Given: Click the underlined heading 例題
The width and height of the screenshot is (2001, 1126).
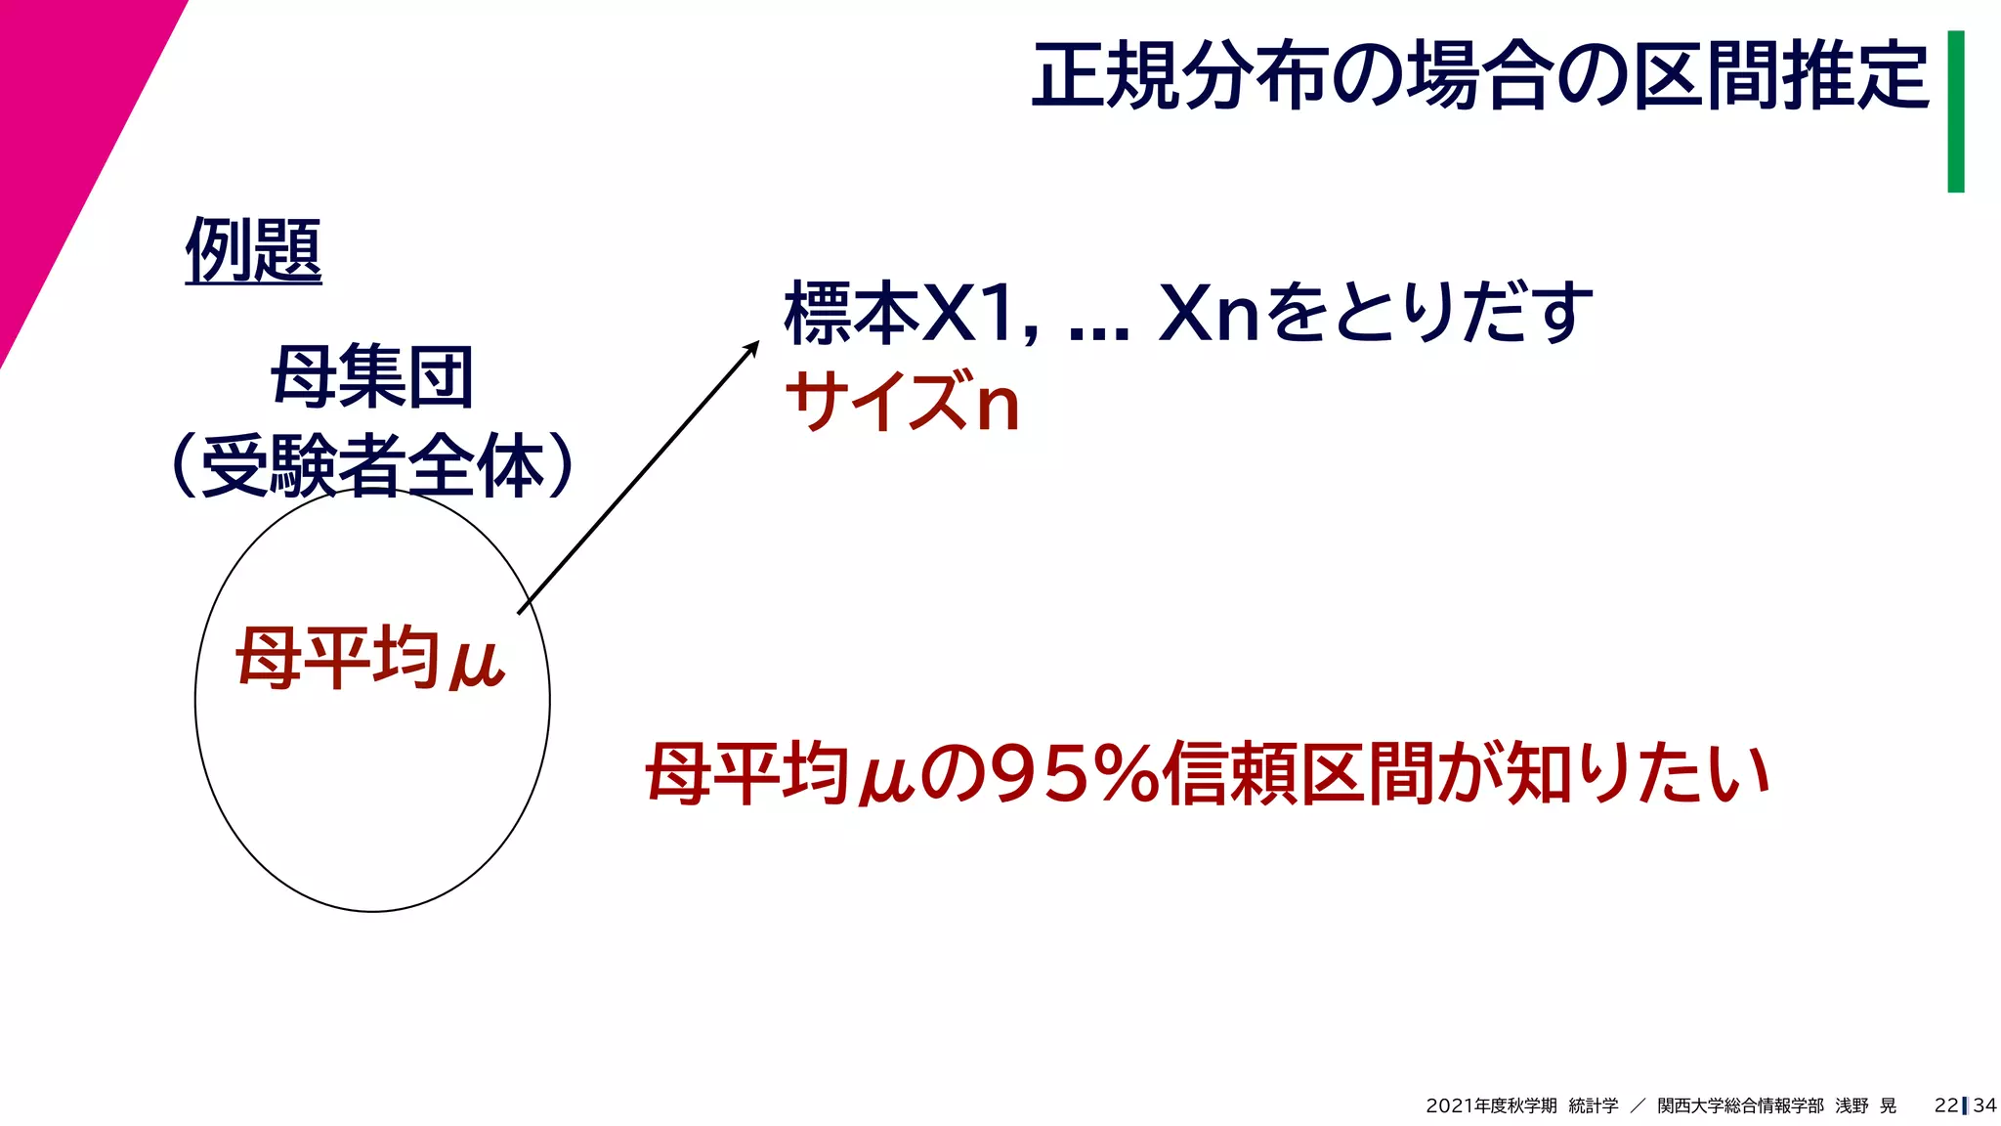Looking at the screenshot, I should coord(253,251).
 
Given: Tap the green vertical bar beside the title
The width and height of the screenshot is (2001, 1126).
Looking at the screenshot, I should coord(1955,111).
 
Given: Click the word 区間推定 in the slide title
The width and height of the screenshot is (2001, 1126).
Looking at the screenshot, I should coord(1781,76).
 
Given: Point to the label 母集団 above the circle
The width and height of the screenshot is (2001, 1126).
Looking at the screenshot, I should coord(372,377).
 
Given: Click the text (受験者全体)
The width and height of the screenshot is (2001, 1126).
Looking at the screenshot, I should coord(372,465).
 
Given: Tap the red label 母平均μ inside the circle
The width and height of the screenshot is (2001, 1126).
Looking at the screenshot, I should coord(370,659).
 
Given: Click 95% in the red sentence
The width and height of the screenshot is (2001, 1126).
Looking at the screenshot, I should coord(1073,774).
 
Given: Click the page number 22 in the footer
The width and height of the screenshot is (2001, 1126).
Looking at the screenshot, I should coord(1945,1105).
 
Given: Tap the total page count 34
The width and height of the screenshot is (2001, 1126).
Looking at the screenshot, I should coord(1984,1105).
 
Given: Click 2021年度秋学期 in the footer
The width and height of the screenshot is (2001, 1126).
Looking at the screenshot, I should coord(1491,1105).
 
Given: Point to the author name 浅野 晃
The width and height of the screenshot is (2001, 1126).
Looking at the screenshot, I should coord(1865,1105).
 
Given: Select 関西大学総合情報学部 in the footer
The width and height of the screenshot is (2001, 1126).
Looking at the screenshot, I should coord(1740,1105).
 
